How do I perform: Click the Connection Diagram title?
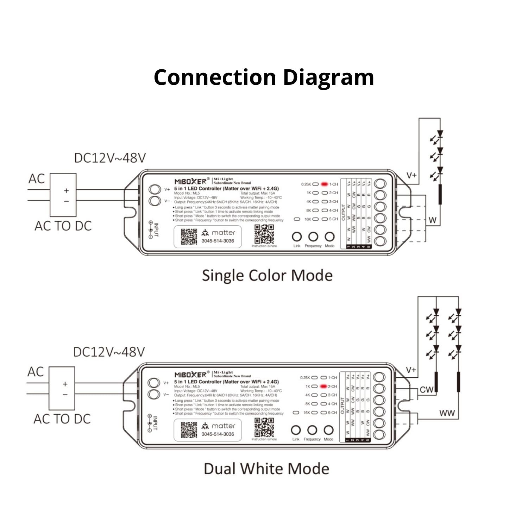264,77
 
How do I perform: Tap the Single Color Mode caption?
267,275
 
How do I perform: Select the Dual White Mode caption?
266,469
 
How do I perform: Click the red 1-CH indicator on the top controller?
324,184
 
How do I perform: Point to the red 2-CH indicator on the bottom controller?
323,386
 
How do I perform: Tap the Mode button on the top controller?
329,237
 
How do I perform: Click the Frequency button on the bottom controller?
312,430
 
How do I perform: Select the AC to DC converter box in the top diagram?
63,195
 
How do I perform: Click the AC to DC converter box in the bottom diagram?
62,388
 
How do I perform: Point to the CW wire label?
426,390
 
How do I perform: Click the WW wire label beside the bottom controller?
447,413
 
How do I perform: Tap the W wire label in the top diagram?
433,220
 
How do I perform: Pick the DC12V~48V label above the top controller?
110,158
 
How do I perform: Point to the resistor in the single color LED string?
440,194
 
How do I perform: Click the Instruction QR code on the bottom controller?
264,428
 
